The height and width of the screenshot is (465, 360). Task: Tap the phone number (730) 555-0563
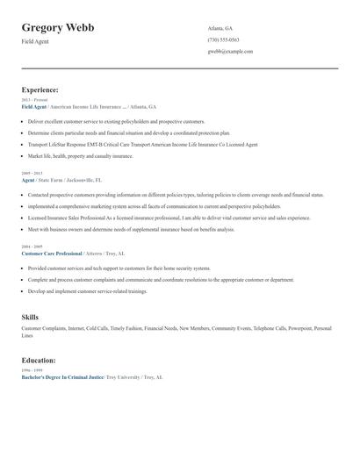pos(224,39)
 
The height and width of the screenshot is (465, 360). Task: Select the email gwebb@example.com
pos(230,52)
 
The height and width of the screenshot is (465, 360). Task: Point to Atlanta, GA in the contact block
pos(220,28)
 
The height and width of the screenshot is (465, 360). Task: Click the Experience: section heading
pos(40,89)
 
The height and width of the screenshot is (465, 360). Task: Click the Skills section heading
pos(30,316)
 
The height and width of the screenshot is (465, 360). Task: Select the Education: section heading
pos(39,360)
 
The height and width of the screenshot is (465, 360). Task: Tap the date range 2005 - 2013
pos(31,174)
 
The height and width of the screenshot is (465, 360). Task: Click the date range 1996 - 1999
pos(31,370)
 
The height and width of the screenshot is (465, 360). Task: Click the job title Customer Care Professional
pos(51,254)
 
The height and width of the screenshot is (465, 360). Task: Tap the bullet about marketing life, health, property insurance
pos(81,156)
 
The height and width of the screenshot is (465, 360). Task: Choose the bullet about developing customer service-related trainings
pos(88,290)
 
